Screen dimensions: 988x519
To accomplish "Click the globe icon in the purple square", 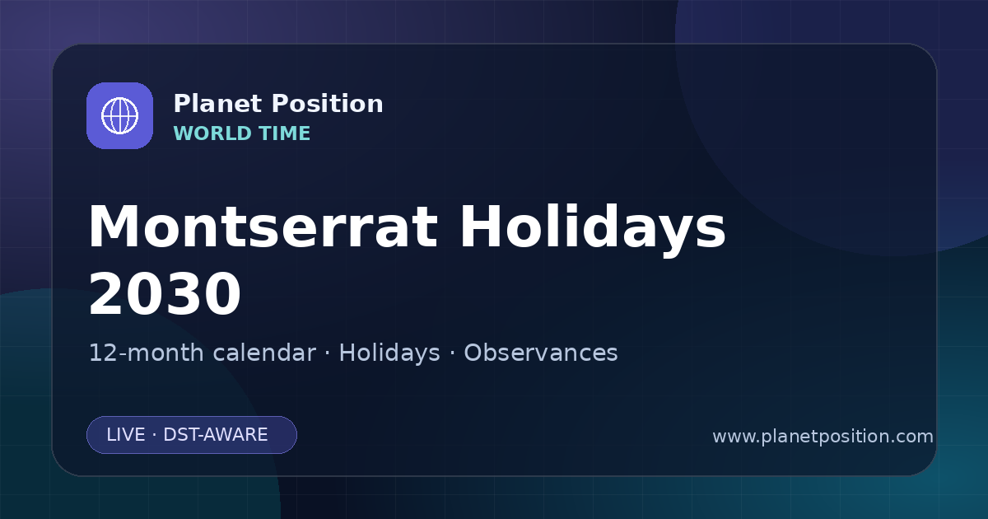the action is point(120,115).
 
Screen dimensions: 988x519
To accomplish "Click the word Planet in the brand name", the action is point(218,104).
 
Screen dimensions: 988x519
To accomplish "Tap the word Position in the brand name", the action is point(328,104).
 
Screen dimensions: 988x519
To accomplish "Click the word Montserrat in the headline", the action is point(263,227).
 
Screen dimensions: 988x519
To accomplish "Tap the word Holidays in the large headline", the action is point(593,230).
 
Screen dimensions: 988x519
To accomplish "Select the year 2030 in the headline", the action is point(165,294).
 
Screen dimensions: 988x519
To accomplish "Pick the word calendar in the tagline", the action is point(264,353).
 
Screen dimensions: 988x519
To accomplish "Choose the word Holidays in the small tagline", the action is point(389,353).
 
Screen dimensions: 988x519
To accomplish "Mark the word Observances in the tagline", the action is point(541,353).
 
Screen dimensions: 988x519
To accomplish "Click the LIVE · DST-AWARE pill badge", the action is point(192,435).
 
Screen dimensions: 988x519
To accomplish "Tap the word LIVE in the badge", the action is point(126,435).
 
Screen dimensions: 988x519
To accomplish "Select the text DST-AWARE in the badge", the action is point(216,435).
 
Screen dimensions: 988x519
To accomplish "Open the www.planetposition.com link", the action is point(823,437).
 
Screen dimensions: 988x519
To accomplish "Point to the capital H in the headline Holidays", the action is point(481,227).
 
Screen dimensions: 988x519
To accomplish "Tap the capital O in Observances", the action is point(473,353).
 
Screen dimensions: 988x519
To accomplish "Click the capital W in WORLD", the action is point(183,133).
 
